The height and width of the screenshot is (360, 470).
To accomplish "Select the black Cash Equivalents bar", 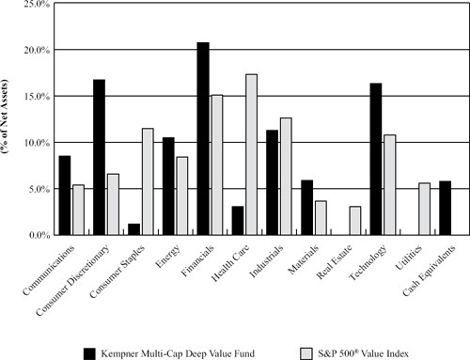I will [x=446, y=208].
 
